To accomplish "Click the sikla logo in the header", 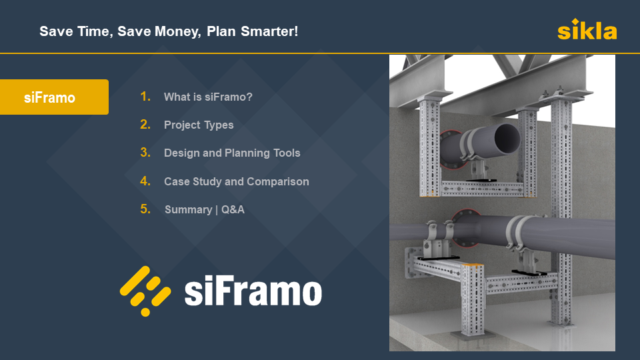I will coord(587,30).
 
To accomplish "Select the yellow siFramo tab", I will coord(53,97).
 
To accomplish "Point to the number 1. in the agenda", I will coord(145,97).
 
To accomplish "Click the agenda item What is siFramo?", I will coord(208,97).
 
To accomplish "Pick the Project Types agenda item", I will coord(199,125).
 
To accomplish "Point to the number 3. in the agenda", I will coord(145,153).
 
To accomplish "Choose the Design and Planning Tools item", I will coord(232,153).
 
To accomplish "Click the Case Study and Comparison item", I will coord(236,181).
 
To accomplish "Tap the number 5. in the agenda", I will coord(145,209).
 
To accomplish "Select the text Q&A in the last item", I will coord(233,210).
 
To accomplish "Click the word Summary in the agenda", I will coord(188,210).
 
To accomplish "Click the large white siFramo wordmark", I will coord(253,292).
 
